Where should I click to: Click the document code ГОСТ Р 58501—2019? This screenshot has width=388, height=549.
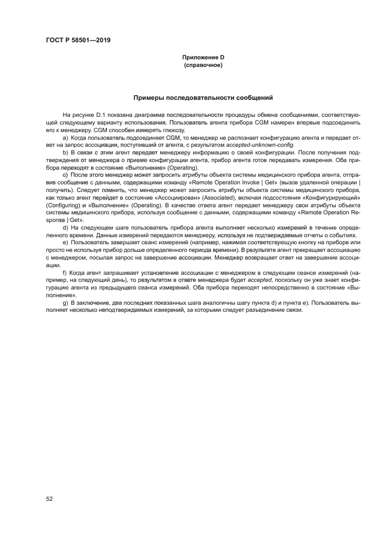coord(78,41)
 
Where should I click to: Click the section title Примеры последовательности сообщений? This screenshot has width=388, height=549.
coord(203,98)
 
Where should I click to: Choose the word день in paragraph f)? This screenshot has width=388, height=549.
coord(109,281)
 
